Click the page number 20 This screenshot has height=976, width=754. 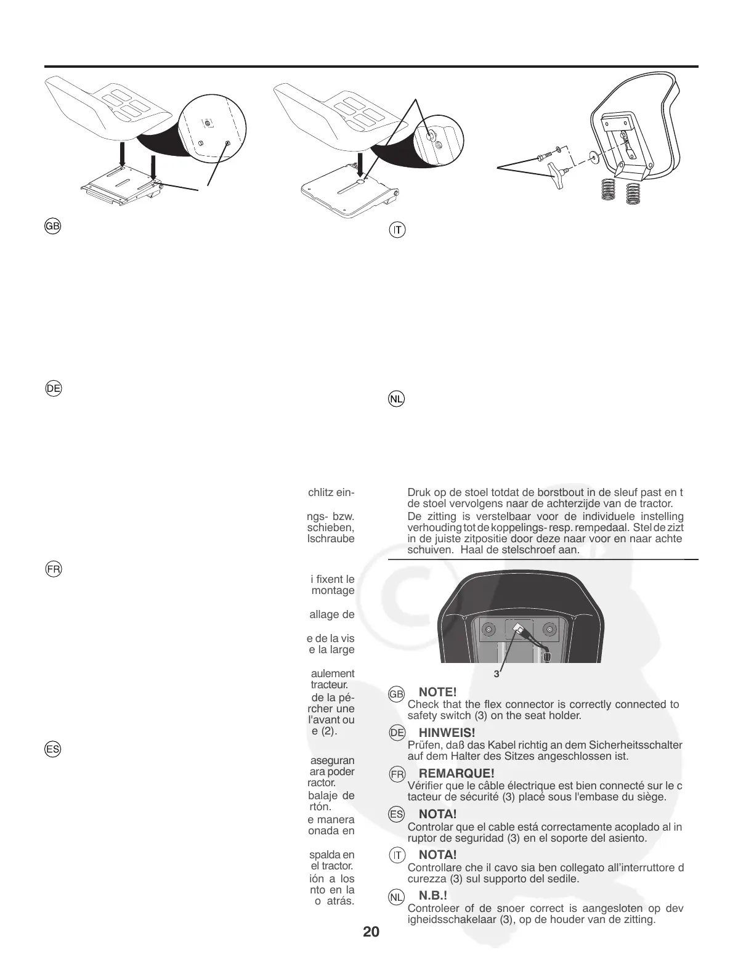371,931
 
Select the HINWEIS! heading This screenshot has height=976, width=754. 447,733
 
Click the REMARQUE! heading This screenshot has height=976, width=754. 456,773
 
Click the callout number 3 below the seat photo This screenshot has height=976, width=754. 497,674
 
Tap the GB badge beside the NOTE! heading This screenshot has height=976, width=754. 396,694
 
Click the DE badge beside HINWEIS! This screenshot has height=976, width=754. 397,733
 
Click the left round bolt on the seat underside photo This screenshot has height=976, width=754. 487,630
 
